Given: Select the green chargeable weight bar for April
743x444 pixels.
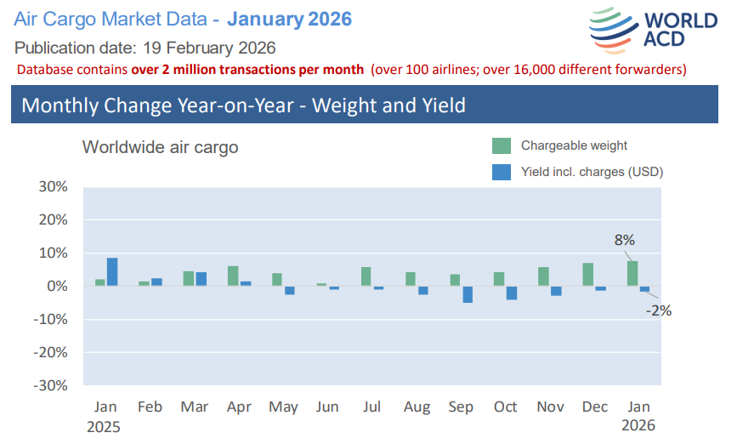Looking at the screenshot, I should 233,276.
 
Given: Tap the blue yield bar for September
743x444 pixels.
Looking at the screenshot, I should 468,294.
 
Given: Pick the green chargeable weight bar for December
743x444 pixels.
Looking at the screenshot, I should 588,274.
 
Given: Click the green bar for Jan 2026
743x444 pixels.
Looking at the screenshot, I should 632,273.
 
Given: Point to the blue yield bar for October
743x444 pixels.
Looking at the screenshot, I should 512,293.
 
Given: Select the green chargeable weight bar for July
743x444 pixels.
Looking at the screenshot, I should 366,276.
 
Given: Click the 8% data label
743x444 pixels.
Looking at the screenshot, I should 624,241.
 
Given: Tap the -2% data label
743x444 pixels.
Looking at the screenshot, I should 658,310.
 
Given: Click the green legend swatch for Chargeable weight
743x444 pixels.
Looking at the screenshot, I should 502,145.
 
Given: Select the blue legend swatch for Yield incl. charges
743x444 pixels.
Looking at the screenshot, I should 502,172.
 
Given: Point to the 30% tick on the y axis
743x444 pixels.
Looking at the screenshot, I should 53,187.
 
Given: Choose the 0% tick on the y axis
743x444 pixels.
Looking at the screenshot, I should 57,287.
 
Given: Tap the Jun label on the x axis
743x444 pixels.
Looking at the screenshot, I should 327,407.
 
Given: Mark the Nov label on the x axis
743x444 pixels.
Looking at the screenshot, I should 549,407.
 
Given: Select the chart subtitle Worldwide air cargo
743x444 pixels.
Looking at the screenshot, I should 160,147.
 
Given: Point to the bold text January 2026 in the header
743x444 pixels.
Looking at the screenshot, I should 289,19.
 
